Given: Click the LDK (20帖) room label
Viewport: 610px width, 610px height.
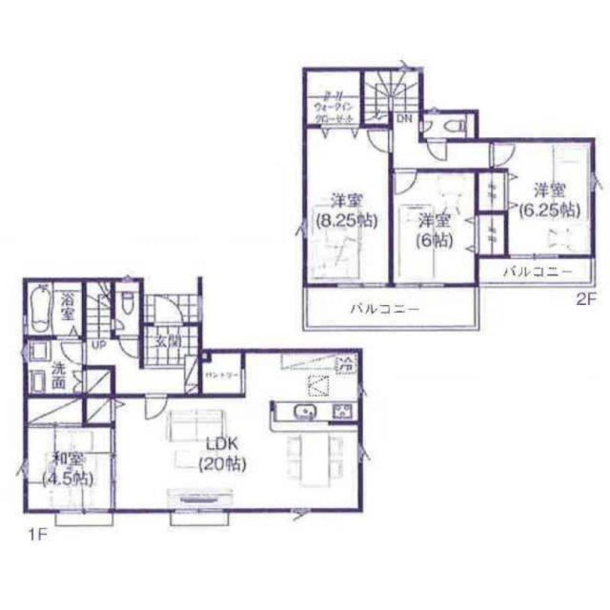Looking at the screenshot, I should point(221,454).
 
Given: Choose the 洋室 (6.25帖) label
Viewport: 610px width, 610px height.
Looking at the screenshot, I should point(548,199).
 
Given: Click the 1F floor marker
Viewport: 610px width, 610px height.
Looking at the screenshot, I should point(35,536).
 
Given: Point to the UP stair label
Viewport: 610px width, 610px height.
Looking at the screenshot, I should point(99,344).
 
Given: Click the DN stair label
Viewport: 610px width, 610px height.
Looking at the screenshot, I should point(404,119).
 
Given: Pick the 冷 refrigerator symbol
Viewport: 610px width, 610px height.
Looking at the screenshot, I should point(346,367).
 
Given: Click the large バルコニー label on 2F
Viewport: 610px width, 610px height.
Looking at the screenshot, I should point(384,309).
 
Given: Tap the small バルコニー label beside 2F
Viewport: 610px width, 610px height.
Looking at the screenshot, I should point(537,271).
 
